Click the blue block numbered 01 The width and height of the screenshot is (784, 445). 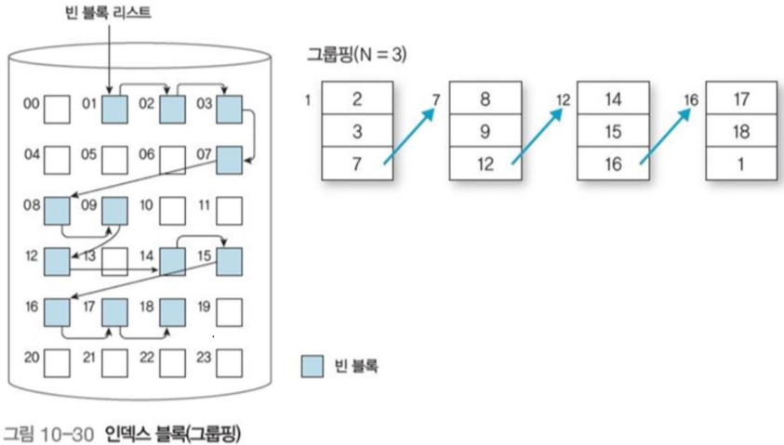[115, 110]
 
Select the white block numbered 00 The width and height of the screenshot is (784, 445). [58, 110]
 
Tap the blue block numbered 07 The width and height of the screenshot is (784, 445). [230, 160]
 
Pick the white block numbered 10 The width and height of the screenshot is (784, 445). [172, 210]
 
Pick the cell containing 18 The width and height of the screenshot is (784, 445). [741, 131]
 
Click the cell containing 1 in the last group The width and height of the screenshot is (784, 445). [741, 163]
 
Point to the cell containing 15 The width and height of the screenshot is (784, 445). [613, 131]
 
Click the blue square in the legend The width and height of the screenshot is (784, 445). [312, 366]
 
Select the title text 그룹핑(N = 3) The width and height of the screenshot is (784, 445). [356, 55]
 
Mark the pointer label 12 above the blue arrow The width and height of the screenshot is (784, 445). [563, 98]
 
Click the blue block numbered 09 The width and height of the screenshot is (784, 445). [115, 210]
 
